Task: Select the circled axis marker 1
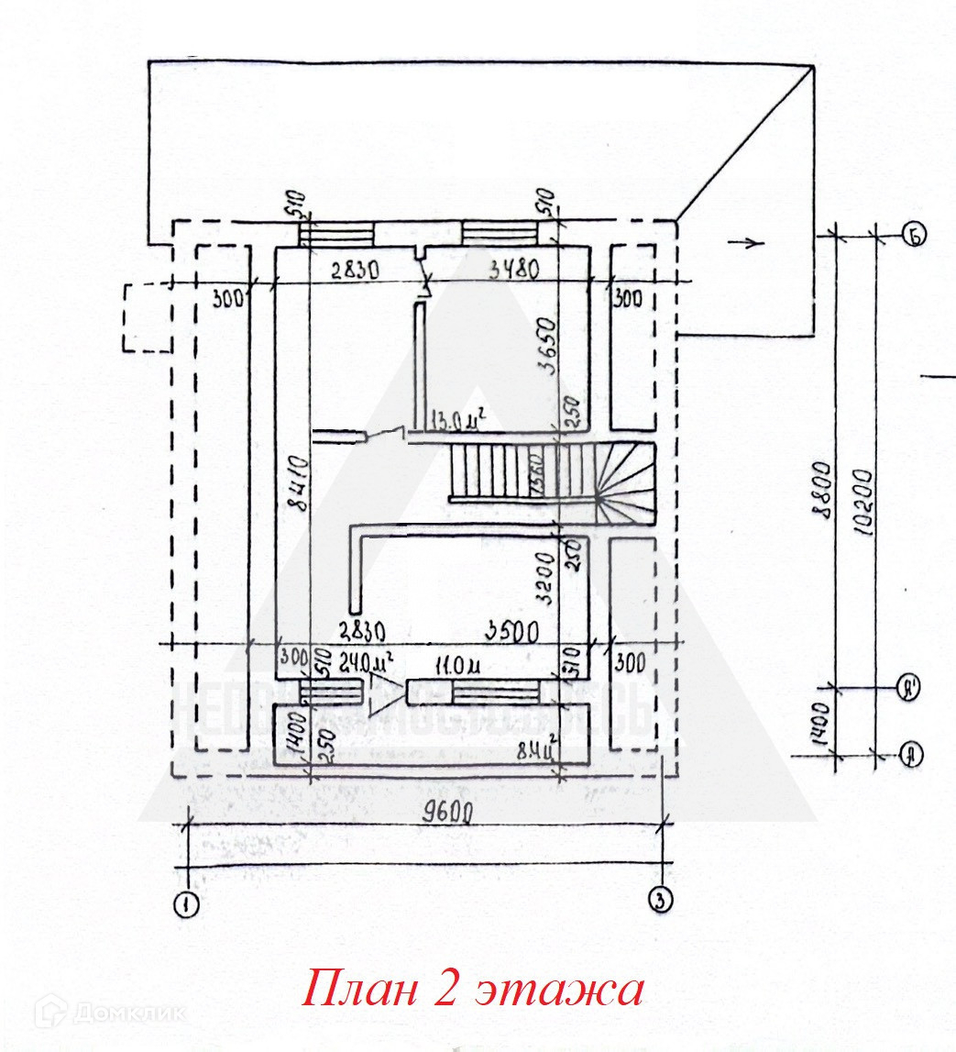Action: point(187,903)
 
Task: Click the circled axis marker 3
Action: point(659,900)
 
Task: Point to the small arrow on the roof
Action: point(749,243)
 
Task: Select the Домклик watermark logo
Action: point(110,1013)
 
